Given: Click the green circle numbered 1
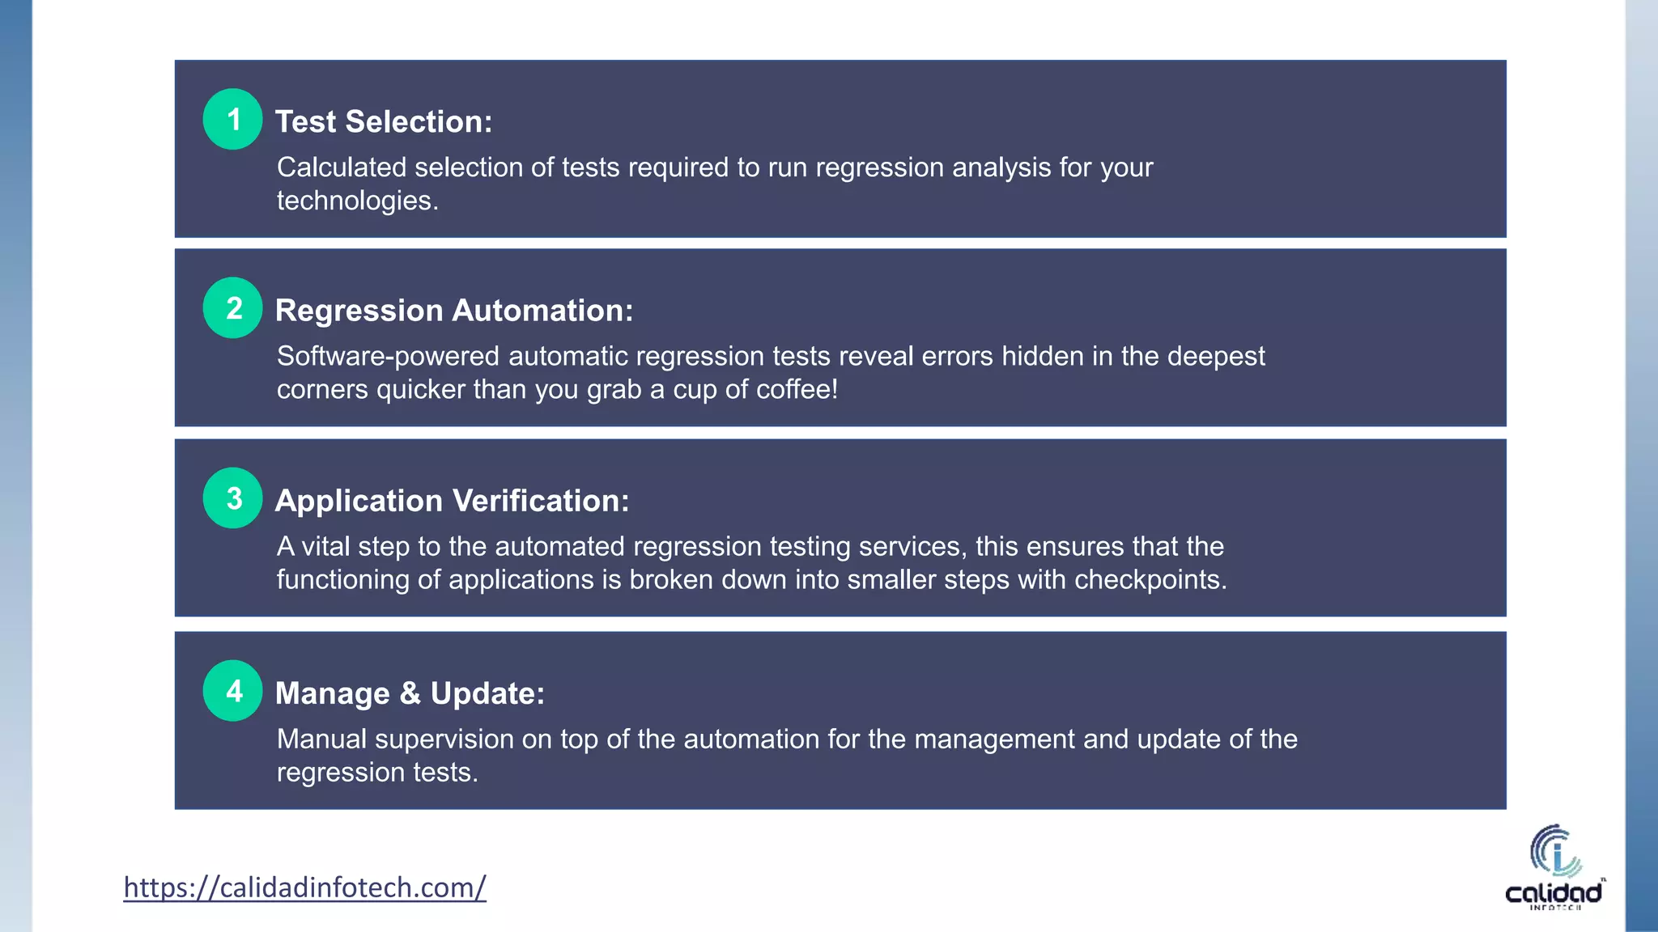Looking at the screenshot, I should click(232, 119).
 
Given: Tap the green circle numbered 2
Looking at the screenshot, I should click(232, 308).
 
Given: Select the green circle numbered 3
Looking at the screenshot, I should click(232, 498).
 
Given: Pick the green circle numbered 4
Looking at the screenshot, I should click(232, 691).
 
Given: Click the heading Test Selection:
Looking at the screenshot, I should click(384, 122).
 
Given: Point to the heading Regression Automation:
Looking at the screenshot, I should click(454, 311).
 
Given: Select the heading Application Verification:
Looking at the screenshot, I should click(452, 501).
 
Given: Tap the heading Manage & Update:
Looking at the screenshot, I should click(410, 693).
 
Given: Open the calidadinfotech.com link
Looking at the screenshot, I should click(304, 888).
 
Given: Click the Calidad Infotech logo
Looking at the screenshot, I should click(1554, 867).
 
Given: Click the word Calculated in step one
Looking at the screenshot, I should click(341, 167).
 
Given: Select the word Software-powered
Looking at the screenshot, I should click(388, 357).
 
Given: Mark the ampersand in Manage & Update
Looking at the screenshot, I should click(410, 693).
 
